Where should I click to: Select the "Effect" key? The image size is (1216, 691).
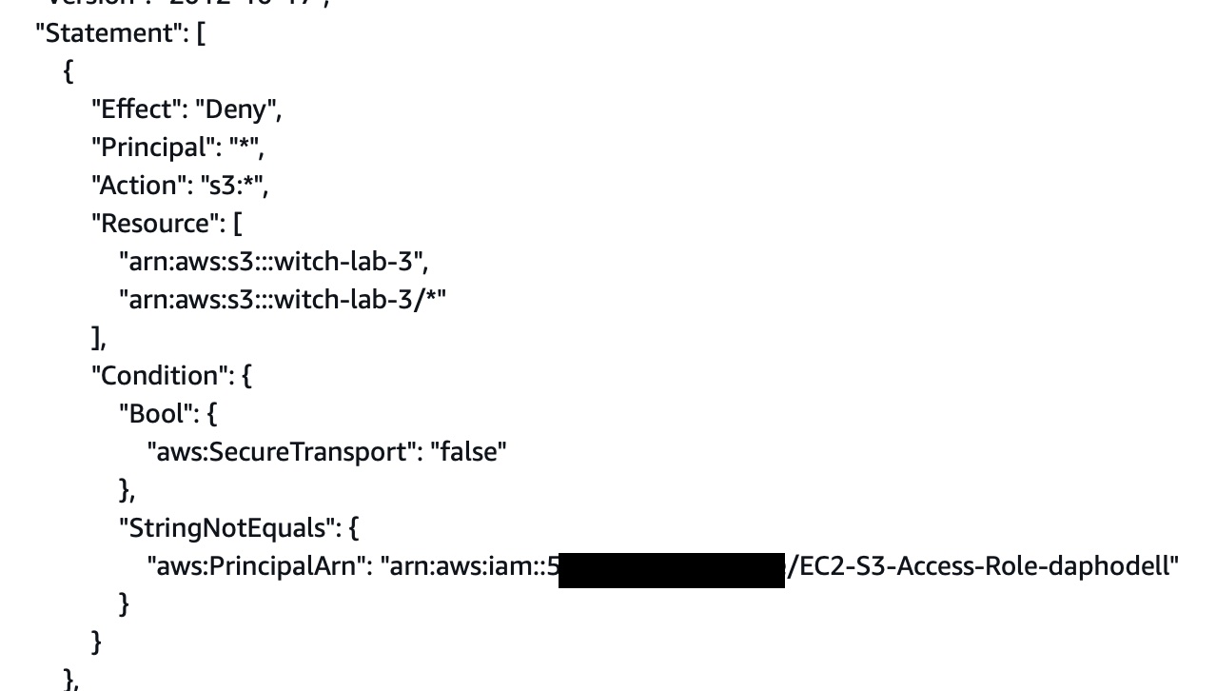134,109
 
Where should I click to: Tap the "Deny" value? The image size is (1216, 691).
237,109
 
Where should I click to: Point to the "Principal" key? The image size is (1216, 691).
151,148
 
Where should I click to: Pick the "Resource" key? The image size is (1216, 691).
154,224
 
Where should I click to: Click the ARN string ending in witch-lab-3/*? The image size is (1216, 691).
282,300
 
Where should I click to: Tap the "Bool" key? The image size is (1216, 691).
155,414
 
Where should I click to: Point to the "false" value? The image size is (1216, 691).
468,452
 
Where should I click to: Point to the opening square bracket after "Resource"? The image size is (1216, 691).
238,225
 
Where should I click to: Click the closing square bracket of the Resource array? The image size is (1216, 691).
96,339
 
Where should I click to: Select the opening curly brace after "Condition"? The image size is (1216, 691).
247,376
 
